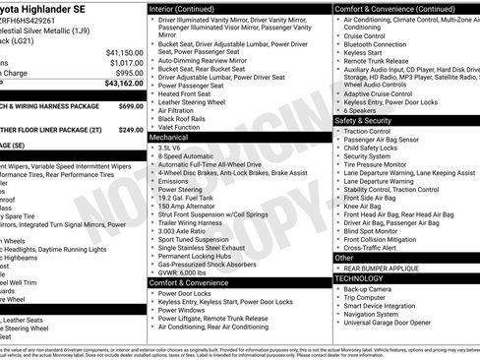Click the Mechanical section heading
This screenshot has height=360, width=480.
coord(169,138)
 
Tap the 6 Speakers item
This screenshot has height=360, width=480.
coord(362,110)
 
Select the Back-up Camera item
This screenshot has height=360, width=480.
coord(370,289)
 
